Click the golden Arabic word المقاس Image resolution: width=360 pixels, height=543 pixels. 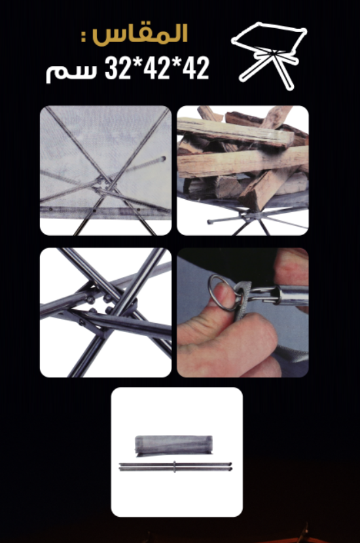140,33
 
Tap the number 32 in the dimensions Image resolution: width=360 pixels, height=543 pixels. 117,68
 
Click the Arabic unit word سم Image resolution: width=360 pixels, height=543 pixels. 71,72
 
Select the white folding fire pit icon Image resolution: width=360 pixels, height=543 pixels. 269,56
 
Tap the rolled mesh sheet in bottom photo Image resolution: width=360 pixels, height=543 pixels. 173,445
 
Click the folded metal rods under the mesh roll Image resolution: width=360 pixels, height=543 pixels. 175,466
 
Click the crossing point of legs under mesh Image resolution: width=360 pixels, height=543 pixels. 104,183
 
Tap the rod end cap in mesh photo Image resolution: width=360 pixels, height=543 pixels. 163,159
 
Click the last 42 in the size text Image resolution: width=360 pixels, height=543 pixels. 196,68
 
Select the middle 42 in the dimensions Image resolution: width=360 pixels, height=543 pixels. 157,68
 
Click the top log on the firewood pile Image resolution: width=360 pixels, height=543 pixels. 236,132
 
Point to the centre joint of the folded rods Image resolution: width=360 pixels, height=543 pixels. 175,466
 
